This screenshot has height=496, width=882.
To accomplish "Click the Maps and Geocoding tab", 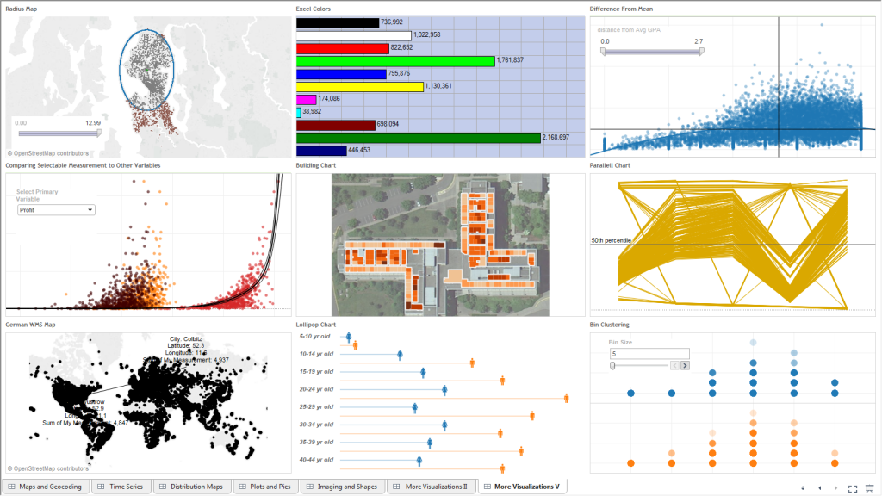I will pos(50,487).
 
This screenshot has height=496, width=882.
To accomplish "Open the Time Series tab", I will pos(122,487).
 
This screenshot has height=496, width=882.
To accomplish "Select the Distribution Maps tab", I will pos(192,487).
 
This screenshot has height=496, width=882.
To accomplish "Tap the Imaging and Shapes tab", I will pos(343,487).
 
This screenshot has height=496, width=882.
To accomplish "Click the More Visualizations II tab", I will pos(432,487).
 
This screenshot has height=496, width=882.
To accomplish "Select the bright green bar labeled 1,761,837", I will pos(395,61).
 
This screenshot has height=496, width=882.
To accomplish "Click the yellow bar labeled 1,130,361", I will pos(360,86).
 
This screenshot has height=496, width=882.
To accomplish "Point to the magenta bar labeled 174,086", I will pos(307,99).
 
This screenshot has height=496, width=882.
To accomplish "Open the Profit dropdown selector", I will pos(56,209).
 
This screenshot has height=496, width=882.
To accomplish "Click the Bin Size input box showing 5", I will pos(649,353).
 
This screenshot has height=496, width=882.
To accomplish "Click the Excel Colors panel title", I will pos(314,9).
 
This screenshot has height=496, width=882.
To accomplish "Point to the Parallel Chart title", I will pos(610,164).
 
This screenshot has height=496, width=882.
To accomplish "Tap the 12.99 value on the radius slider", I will pos(93,123).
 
